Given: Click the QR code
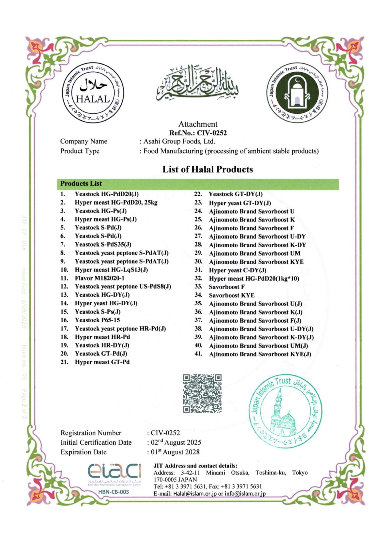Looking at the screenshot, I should click(202, 393).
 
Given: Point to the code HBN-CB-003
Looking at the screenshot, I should click(113, 492).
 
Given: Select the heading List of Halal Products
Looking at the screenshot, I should click(207, 169).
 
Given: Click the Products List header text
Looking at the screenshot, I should click(81, 183).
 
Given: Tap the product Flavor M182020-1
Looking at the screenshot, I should click(100, 278).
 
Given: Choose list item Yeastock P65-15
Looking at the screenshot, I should click(97, 320).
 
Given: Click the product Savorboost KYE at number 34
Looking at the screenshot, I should click(231, 295).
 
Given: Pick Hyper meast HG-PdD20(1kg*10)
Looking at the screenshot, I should click(254, 279).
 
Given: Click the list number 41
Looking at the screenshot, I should click(198, 354).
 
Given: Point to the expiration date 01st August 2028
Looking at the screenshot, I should click(175, 452).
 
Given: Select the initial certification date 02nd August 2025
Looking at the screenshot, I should click(176, 442).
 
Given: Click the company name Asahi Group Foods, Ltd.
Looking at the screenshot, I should click(179, 141).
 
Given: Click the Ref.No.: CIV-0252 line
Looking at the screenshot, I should click(198, 133).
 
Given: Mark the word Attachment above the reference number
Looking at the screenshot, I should click(198, 124).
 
